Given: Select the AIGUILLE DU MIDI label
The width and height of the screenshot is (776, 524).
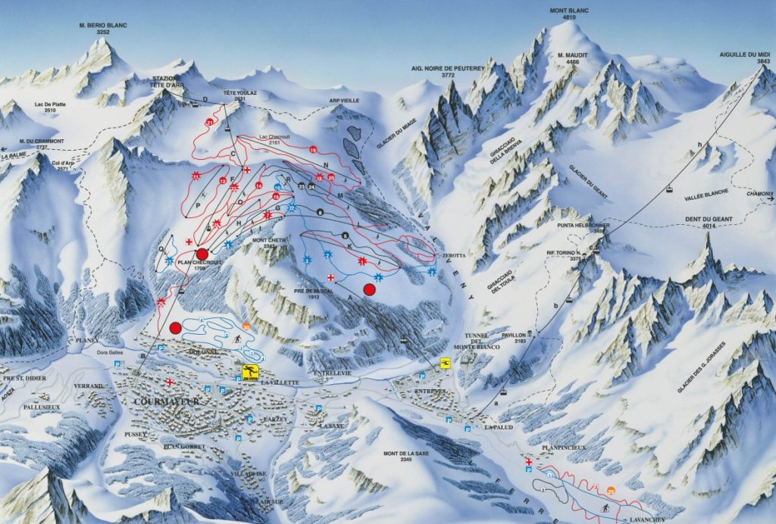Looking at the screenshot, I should pyautogui.click(x=744, y=58).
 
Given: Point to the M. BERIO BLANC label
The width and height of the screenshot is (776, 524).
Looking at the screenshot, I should pyautogui.click(x=102, y=29).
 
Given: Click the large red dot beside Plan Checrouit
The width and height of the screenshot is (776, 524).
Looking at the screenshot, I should pyautogui.click(x=202, y=254).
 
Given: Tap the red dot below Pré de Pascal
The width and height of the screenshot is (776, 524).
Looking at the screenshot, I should pyautogui.click(x=370, y=289).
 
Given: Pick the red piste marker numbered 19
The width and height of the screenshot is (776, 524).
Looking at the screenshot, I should pyautogui.click(x=313, y=151).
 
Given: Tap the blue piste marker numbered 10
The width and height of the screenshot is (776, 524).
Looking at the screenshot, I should pyautogui.click(x=278, y=186).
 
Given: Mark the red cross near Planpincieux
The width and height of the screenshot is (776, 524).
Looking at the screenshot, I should pyautogui.click(x=528, y=462).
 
